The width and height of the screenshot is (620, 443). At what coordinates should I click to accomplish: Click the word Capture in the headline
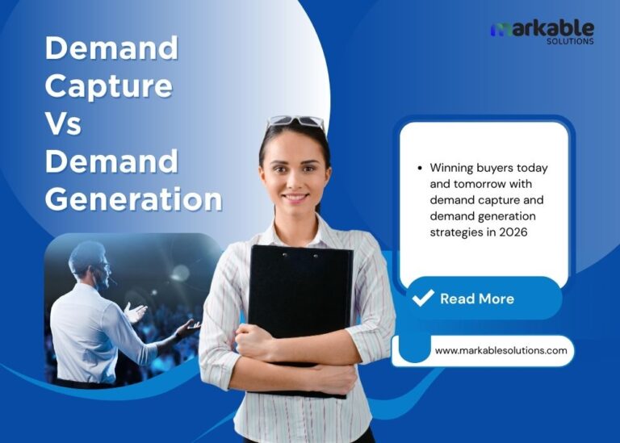click(x=108, y=86)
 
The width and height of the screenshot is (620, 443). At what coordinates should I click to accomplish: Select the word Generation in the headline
click(x=133, y=199)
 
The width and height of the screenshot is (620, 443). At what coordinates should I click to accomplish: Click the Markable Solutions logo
click(x=542, y=31)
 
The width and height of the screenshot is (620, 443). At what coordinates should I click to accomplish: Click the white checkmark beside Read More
click(x=423, y=299)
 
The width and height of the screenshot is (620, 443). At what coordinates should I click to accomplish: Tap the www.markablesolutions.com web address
click(x=501, y=351)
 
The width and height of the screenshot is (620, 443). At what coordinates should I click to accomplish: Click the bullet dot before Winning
click(x=420, y=169)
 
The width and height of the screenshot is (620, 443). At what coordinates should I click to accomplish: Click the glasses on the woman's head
click(x=295, y=122)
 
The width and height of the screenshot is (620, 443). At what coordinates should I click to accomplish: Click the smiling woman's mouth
click(x=295, y=196)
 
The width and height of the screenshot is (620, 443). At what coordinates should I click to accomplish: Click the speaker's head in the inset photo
click(x=88, y=262)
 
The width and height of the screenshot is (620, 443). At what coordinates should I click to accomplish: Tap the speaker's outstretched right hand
click(x=189, y=326)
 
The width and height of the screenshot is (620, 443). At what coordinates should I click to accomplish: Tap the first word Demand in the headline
click(x=111, y=48)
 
